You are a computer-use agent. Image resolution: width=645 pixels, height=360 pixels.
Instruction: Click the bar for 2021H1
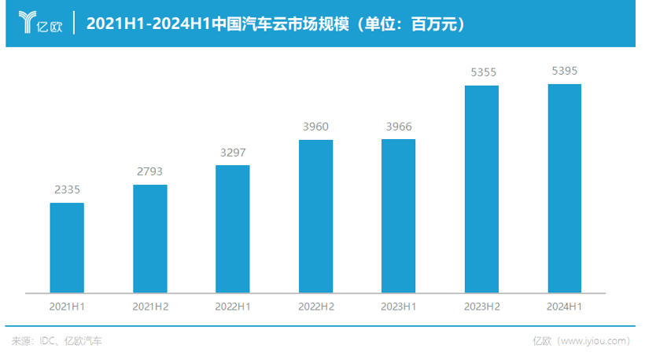click(x=67, y=248)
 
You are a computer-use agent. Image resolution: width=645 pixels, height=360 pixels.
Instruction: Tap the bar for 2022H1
click(x=233, y=229)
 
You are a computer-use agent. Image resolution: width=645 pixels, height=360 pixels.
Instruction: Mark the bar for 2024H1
click(x=564, y=188)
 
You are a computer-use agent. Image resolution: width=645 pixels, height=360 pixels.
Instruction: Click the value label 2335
click(x=67, y=189)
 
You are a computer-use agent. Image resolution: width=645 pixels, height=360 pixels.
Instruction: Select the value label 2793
click(x=150, y=171)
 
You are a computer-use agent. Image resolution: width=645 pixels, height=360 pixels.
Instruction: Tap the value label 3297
click(x=233, y=152)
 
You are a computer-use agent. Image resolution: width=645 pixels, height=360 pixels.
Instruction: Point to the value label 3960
click(x=315, y=127)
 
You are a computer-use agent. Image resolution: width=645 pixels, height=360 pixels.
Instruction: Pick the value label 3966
click(x=398, y=126)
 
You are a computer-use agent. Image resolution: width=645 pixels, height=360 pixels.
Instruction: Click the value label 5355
click(x=481, y=72)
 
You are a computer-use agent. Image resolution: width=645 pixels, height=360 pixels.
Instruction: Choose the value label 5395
click(x=564, y=71)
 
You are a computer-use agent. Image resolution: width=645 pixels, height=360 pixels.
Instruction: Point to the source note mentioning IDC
click(x=57, y=340)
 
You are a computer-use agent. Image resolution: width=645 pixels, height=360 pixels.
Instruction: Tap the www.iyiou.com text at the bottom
click(x=593, y=340)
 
